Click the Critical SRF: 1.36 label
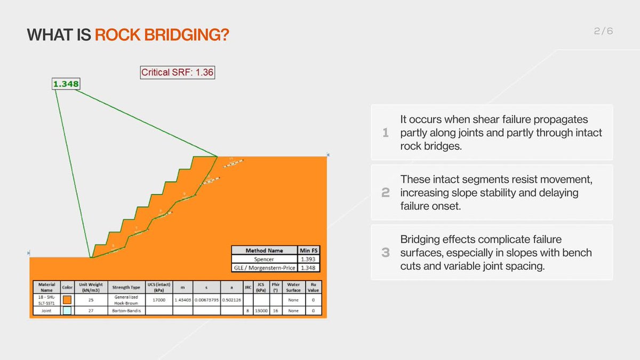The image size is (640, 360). click(x=177, y=73)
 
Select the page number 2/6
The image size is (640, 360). click(x=603, y=31)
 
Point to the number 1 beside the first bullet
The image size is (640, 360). click(x=386, y=133)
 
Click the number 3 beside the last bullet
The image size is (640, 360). click(x=386, y=253)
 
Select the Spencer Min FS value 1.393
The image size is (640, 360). click(x=310, y=259)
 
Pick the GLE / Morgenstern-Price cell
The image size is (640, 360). click(x=265, y=268)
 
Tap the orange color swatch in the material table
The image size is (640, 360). click(x=67, y=300)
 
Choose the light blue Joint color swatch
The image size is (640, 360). click(x=67, y=311)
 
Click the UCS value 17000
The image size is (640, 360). click(x=158, y=300)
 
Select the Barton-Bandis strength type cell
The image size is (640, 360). click(x=126, y=311)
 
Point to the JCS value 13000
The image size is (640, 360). click(x=261, y=311)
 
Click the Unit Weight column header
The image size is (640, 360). click(x=91, y=287)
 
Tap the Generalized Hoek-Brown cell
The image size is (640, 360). click(x=126, y=300)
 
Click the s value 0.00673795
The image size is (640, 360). click(x=206, y=300)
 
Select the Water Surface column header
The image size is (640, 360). click(x=293, y=287)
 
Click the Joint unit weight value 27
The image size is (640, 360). click(x=91, y=311)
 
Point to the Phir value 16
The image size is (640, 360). click(x=276, y=311)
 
